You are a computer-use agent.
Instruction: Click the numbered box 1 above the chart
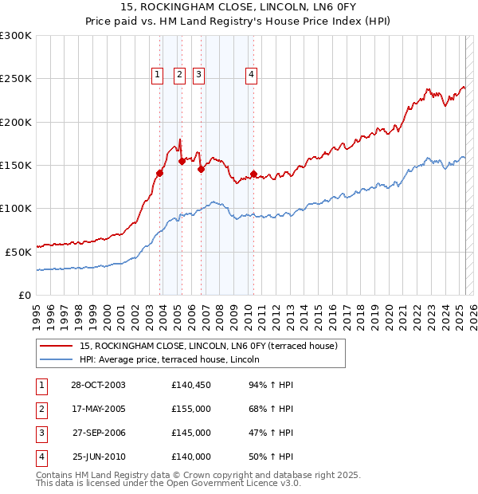[157, 76]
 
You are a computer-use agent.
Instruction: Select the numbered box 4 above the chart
[251, 76]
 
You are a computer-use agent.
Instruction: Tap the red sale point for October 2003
[160, 173]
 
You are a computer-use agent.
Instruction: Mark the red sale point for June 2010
[253, 174]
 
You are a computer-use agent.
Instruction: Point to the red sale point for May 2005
[182, 161]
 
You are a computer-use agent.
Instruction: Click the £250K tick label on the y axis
[16, 79]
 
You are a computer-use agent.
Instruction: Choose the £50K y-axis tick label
[18, 252]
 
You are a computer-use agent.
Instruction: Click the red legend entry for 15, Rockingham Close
[209, 346]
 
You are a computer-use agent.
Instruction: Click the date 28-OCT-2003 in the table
[98, 386]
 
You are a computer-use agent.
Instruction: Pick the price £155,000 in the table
[191, 410]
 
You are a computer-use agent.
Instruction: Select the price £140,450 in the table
[191, 386]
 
